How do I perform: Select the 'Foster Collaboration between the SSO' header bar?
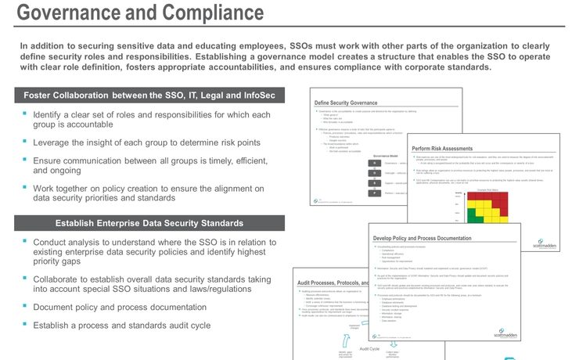(149, 95)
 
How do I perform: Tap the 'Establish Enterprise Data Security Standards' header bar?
(149, 223)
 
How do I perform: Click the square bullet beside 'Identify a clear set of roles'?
(24, 114)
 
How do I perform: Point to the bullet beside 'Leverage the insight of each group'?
(24, 142)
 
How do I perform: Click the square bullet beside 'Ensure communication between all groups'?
(24, 160)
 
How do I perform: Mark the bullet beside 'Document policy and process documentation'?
(24, 307)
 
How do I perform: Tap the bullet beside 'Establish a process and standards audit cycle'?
(24, 325)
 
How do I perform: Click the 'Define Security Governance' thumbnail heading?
(351, 103)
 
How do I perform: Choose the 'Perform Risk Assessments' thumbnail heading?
(442, 149)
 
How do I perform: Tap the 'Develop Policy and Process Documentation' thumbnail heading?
(434, 237)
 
